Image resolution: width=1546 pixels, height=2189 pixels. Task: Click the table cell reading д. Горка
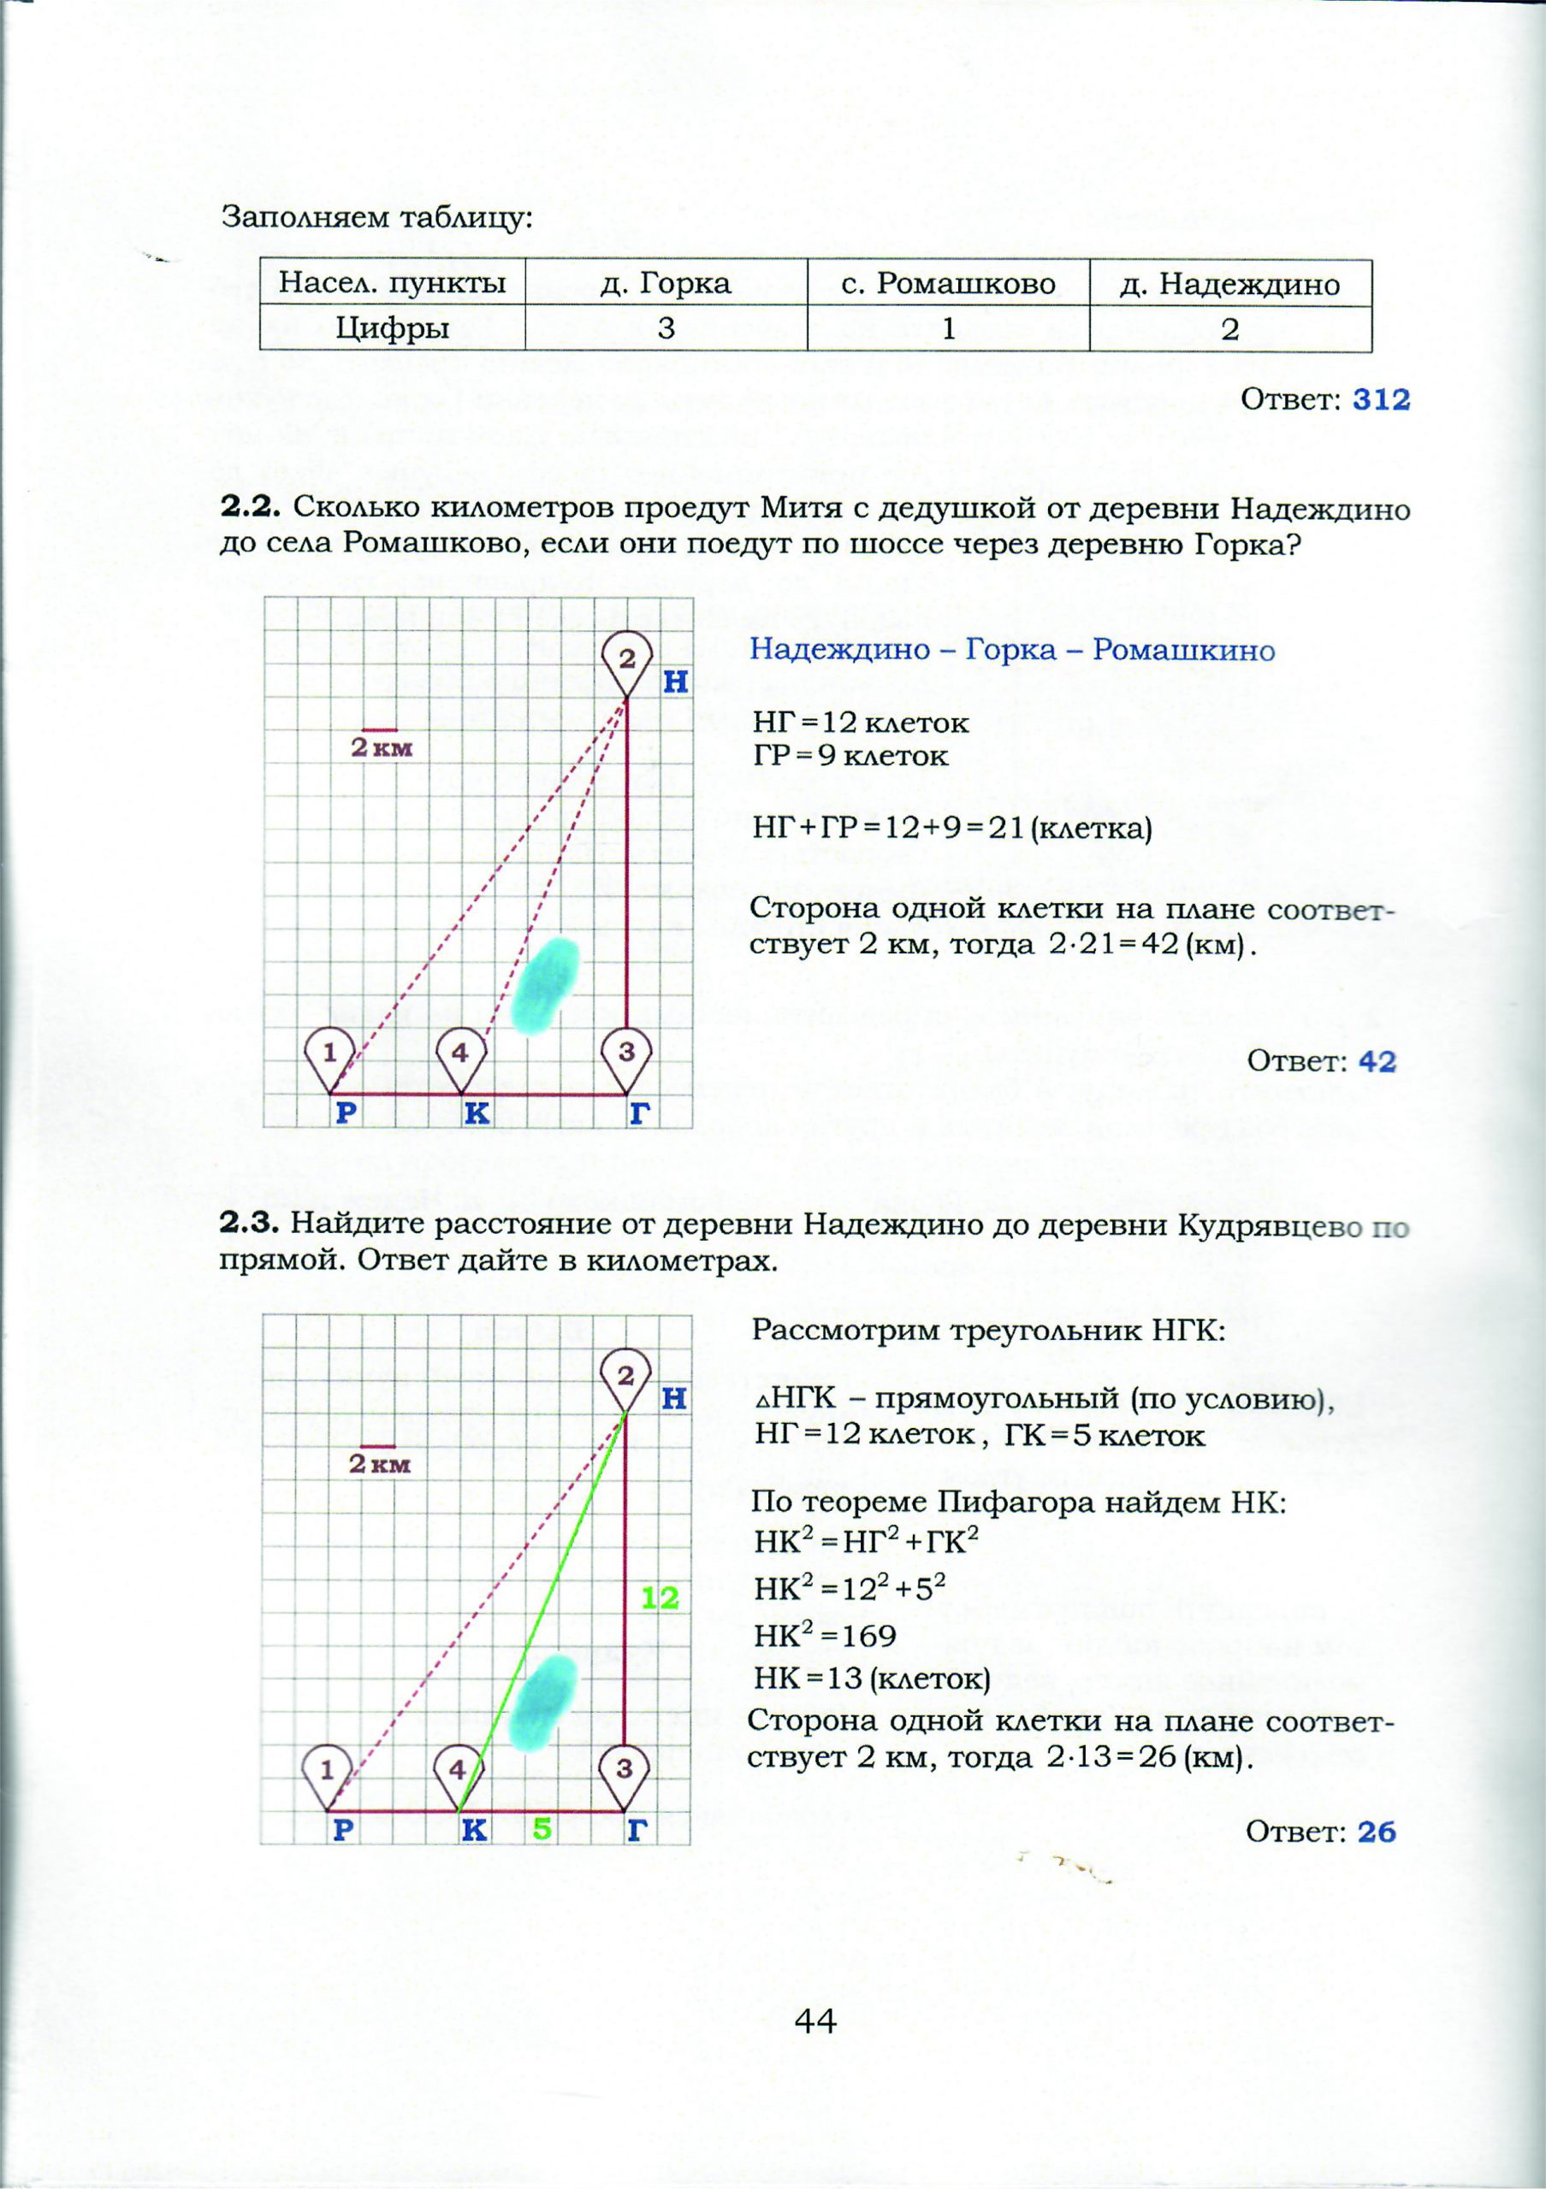(x=666, y=283)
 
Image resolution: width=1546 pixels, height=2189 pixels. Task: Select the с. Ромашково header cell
(x=948, y=283)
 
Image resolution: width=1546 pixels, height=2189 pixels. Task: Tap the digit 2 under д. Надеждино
(x=1230, y=329)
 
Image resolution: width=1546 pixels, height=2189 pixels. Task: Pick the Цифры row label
(x=392, y=329)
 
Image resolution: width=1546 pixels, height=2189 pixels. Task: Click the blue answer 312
(x=1380, y=399)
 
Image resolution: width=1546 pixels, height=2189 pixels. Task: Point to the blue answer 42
(x=1377, y=1061)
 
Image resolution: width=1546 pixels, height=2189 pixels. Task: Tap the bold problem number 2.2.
(x=251, y=508)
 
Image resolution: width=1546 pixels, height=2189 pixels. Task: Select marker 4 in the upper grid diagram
(x=460, y=1053)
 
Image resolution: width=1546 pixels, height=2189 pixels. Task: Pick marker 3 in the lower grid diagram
(x=624, y=1769)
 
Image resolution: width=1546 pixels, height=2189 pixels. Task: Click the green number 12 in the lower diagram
(x=659, y=1599)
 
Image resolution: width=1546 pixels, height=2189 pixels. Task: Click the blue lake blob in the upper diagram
(x=546, y=986)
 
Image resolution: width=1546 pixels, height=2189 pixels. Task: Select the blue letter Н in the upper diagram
(x=675, y=682)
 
